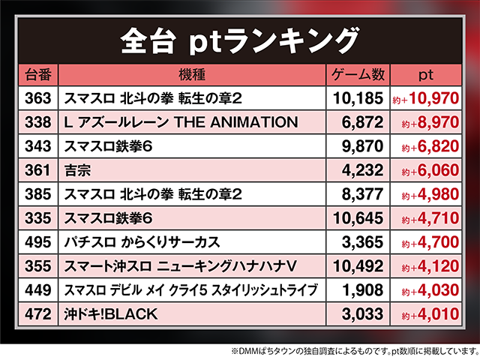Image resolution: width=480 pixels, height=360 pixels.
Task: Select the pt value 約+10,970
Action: [x=424, y=98]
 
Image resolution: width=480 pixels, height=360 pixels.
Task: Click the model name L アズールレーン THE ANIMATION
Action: [x=181, y=121]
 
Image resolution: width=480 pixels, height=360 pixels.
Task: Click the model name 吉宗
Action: [x=77, y=169]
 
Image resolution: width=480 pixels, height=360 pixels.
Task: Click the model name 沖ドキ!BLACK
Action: [x=111, y=313]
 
